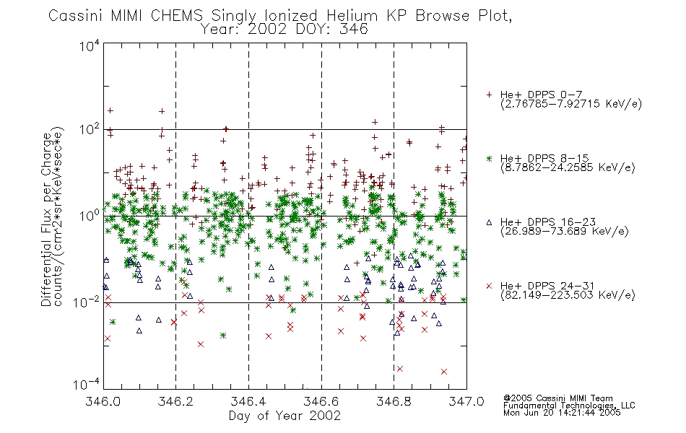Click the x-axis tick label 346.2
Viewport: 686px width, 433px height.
click(x=176, y=401)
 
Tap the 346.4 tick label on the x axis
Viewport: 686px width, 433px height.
click(x=248, y=401)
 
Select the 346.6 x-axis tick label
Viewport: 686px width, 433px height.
click(x=321, y=401)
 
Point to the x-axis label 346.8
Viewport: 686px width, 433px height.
click(x=394, y=401)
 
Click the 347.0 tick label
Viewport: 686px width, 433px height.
click(x=466, y=401)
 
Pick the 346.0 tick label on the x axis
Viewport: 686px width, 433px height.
click(x=103, y=401)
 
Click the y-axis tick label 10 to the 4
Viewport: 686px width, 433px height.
click(x=90, y=45)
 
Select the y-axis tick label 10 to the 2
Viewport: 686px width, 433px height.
click(x=90, y=129)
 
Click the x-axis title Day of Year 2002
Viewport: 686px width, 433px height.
click(x=285, y=416)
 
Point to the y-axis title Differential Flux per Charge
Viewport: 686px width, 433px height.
click(x=47, y=219)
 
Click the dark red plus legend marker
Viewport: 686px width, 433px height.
click(x=489, y=95)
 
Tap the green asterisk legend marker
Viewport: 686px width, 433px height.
click(x=489, y=158)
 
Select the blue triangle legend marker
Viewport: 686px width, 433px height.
click(x=489, y=222)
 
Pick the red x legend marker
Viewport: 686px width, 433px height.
click(x=489, y=286)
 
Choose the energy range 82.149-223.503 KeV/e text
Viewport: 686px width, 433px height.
click(x=568, y=294)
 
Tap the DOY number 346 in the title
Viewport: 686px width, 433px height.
click(x=353, y=30)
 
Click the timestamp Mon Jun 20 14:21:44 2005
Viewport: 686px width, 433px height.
click(x=562, y=413)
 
